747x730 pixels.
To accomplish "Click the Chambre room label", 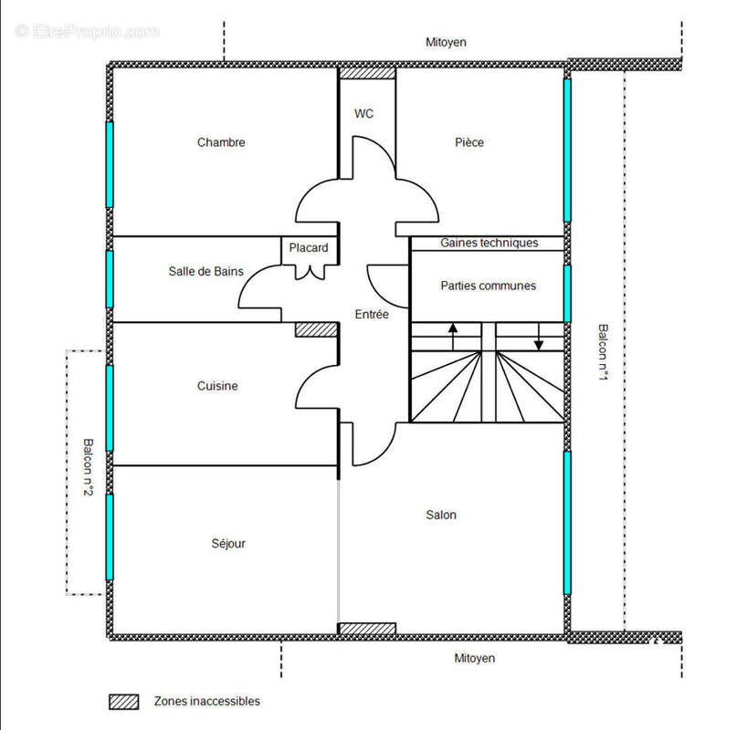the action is (x=221, y=142).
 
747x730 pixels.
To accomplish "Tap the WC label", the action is (x=364, y=114).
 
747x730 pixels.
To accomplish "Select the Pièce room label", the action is (x=469, y=142).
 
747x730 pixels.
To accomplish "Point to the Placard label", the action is (x=309, y=247).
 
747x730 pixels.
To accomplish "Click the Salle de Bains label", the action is (x=205, y=271).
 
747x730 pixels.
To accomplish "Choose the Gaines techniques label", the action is (x=489, y=243).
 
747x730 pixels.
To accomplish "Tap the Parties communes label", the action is (x=489, y=286).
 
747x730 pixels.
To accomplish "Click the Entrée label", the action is (x=372, y=314).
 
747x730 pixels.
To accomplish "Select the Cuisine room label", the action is (x=217, y=386).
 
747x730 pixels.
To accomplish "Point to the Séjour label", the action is (x=228, y=543).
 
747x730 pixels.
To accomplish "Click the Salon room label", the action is (x=441, y=515).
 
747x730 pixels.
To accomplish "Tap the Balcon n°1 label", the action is (x=603, y=352).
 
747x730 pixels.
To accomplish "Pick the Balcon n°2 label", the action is (x=89, y=467).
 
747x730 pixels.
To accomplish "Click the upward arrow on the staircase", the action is (x=453, y=337).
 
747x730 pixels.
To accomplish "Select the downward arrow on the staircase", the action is (x=539, y=337).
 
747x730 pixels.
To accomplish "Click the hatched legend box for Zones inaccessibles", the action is (x=124, y=702).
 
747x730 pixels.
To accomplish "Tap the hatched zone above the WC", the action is (x=367, y=73).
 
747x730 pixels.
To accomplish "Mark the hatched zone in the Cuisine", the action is (x=316, y=330).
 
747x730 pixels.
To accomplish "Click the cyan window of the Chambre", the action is (x=110, y=165).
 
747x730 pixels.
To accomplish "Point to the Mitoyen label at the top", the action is (x=446, y=42).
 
